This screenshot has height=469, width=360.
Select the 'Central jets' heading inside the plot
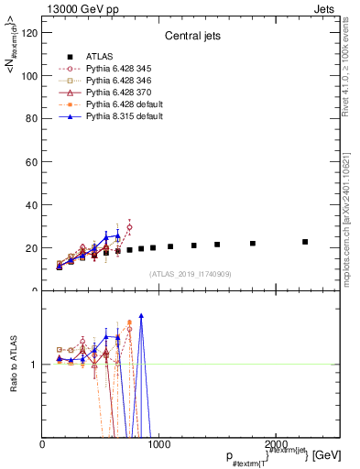point(191,38)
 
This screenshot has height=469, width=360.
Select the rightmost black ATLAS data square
point(305,242)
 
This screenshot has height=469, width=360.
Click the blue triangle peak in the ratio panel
point(141,315)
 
